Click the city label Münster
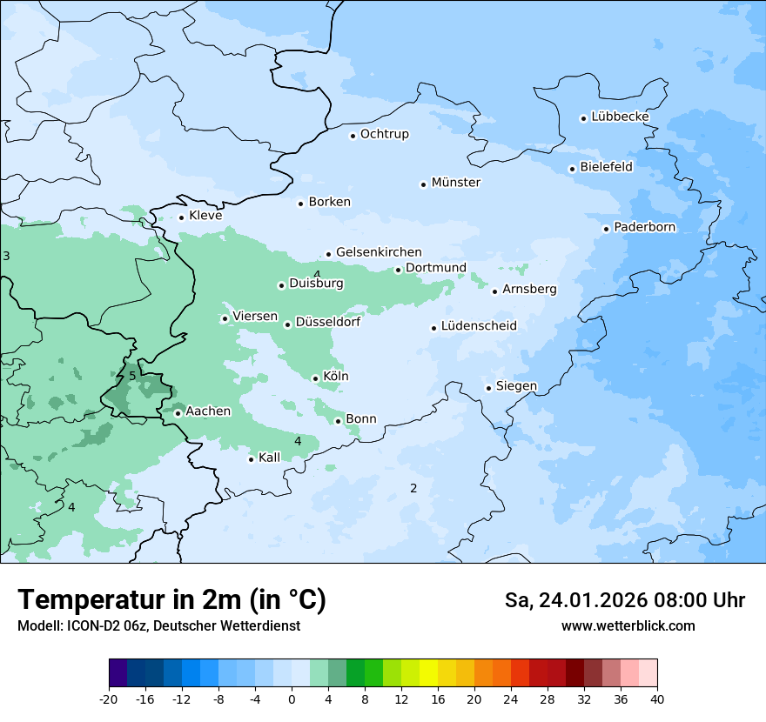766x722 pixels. pyautogui.click(x=455, y=183)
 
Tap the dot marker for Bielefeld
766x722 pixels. pyautogui.click(x=572, y=169)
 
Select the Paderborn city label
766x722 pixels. pyautogui.click(x=644, y=227)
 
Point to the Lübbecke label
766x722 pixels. pyautogui.click(x=620, y=117)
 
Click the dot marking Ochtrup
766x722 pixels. pyautogui.click(x=353, y=135)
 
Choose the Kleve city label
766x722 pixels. pyautogui.click(x=205, y=216)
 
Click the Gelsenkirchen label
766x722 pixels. pyautogui.click(x=379, y=252)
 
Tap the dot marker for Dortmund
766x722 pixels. pyautogui.click(x=398, y=270)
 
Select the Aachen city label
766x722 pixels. pyautogui.click(x=208, y=411)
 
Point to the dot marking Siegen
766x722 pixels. pyautogui.click(x=488, y=388)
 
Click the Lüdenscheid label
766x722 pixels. pyautogui.click(x=479, y=326)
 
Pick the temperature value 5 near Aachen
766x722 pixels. pyautogui.click(x=132, y=376)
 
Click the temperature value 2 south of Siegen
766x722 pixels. pyautogui.click(x=413, y=488)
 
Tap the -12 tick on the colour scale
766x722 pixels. pyautogui.click(x=181, y=699)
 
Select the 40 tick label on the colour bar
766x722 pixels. pyautogui.click(x=657, y=699)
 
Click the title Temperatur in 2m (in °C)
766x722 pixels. pyautogui.click(x=171, y=600)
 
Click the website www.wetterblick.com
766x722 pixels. pyautogui.click(x=628, y=626)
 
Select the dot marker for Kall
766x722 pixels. pyautogui.click(x=251, y=459)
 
